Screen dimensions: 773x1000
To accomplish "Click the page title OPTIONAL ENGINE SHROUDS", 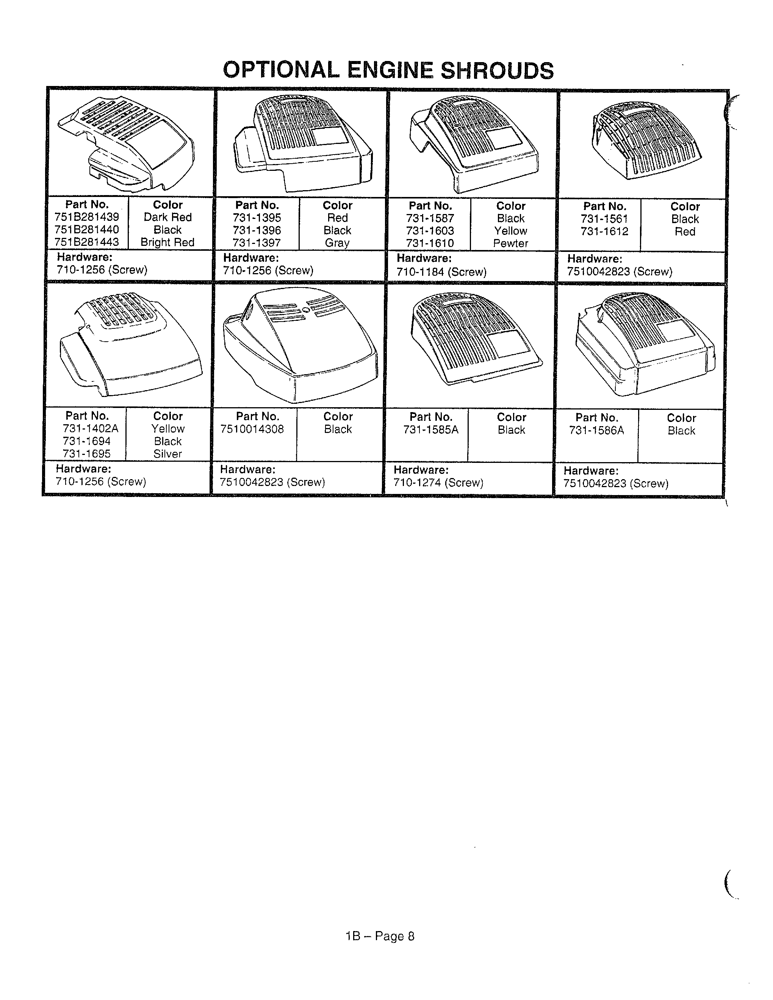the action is point(388,70).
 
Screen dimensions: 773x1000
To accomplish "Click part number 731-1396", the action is point(257,230).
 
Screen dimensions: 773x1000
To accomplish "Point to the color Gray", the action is point(338,243).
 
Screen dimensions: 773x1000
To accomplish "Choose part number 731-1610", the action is point(430,243).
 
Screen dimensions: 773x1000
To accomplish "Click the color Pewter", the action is point(511,244).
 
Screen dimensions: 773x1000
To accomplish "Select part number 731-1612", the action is point(604,232).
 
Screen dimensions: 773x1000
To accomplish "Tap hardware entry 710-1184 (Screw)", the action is point(441,272).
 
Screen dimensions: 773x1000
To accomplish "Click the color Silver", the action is point(167,454).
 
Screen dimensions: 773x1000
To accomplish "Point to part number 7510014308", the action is point(252,429).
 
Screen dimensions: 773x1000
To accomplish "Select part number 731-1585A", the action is point(431,430).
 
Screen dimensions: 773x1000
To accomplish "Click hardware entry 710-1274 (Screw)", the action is point(438,483).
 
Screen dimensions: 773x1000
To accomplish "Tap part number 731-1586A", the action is point(597,430).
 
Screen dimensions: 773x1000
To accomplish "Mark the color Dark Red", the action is point(167,217).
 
